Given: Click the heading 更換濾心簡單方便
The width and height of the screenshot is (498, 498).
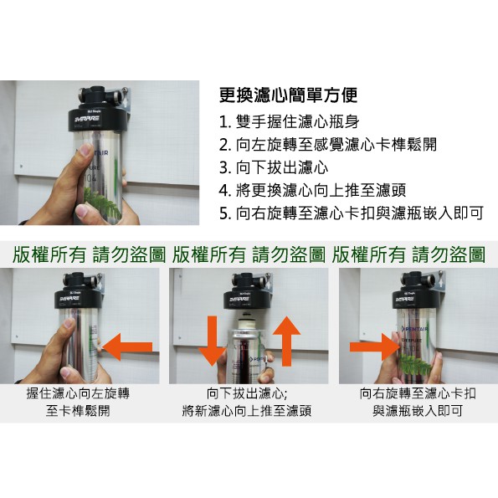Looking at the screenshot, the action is point(289,95).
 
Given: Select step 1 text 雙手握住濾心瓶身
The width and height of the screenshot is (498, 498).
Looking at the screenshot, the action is point(290,121).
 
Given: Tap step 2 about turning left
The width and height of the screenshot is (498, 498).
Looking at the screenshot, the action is point(328,145).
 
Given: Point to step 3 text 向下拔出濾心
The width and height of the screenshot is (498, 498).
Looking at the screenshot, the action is point(274,167).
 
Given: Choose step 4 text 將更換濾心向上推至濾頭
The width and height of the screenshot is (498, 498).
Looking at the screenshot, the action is point(312,190).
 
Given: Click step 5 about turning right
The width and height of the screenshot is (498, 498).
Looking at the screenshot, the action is point(352,213).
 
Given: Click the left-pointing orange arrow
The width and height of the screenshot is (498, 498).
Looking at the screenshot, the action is point(127,347).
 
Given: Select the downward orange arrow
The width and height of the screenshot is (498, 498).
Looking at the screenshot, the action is point(212,341).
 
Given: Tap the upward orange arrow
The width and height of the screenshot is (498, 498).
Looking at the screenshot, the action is point(286,341).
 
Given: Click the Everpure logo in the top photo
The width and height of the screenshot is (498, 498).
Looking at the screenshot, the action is point(87,119).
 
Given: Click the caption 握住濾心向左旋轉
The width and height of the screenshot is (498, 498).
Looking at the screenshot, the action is point(78,394).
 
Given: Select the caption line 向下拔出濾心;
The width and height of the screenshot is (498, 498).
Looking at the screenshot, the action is point(247,394).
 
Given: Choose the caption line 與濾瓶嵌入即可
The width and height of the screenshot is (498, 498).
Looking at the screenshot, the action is point(418,411).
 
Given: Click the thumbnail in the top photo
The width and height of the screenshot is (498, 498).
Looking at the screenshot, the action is point(85,150).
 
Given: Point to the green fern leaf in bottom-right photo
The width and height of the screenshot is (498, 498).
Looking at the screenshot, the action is point(414,365).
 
